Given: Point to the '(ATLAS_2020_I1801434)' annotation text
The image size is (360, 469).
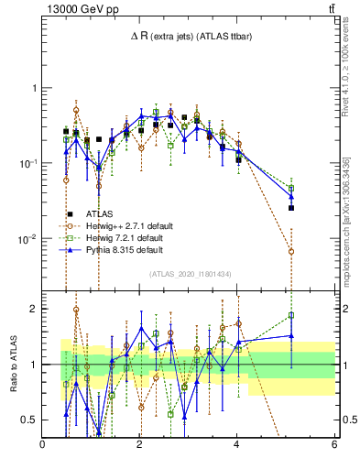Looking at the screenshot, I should (x=189, y=274).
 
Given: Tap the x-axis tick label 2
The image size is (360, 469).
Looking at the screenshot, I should (x=140, y=446).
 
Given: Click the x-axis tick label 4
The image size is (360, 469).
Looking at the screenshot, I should (x=237, y=446).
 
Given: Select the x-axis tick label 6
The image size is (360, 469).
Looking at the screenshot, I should (x=334, y=446).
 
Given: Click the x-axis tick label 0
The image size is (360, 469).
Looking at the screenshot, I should (x=43, y=446).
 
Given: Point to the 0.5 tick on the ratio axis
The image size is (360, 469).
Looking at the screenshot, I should (x=29, y=420).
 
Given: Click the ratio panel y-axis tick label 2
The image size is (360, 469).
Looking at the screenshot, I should (x=34, y=309).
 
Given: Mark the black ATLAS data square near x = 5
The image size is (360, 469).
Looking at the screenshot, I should (x=291, y=208).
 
